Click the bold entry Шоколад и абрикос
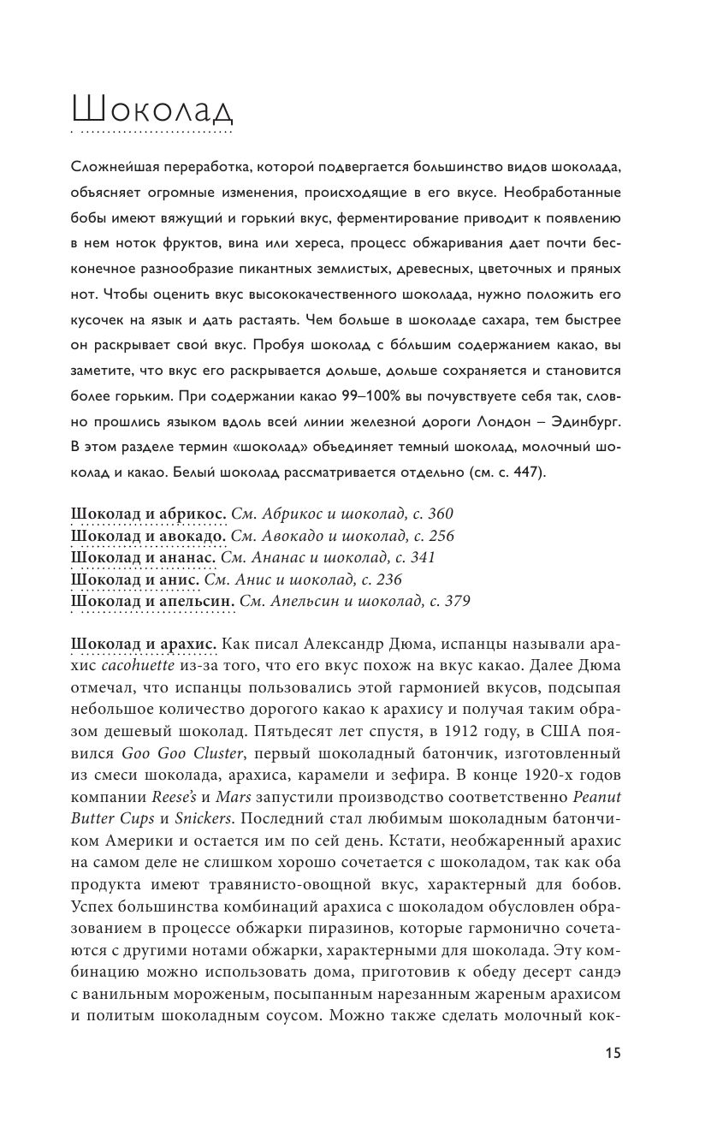click(x=149, y=514)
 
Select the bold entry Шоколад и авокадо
click(x=150, y=536)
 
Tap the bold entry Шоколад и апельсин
click(x=153, y=601)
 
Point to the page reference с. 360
click(x=431, y=514)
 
